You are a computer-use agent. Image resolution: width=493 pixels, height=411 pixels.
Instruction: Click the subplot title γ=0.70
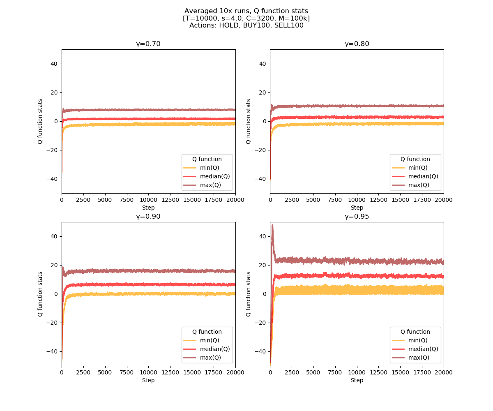[148, 44]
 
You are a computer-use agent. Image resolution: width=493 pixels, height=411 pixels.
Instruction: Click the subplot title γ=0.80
[357, 44]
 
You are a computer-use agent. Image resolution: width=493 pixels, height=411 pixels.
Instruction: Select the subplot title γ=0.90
[148, 217]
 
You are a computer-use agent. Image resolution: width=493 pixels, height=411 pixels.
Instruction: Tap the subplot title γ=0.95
[357, 217]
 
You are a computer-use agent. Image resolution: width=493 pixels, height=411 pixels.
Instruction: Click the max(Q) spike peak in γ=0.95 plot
[272, 225]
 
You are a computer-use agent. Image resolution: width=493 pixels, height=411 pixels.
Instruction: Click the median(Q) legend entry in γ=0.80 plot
[423, 176]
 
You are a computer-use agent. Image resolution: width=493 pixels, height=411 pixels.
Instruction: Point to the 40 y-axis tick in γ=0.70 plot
[54, 64]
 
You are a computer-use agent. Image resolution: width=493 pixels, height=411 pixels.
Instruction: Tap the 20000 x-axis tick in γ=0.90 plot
[235, 372]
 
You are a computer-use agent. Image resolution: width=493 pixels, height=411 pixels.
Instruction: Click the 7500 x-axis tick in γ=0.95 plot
[335, 372]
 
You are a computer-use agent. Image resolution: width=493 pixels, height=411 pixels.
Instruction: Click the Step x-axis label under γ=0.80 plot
[357, 208]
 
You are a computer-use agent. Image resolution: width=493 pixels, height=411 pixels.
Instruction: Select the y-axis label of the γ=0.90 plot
[40, 294]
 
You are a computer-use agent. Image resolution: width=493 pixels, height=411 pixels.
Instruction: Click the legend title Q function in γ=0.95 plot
[415, 332]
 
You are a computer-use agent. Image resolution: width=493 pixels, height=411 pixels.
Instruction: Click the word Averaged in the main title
[199, 11]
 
